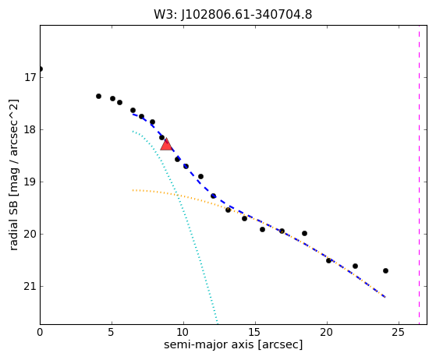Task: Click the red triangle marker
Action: click(166, 144)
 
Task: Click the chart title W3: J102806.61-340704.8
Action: click(233, 15)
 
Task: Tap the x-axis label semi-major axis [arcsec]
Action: click(233, 344)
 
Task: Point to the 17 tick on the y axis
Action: click(30, 77)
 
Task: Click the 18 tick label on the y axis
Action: click(30, 129)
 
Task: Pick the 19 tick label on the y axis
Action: click(30, 182)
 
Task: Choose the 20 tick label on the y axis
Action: click(30, 234)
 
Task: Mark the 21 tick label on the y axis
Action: click(30, 286)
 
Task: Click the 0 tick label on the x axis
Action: click(40, 332)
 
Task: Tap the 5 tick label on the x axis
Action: click(112, 332)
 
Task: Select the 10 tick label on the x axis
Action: click(183, 332)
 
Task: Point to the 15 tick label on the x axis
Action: click(255, 332)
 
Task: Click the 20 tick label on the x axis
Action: click(327, 332)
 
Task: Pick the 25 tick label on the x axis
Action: click(399, 332)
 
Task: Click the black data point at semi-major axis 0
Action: click(41, 69)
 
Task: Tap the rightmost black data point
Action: click(385, 270)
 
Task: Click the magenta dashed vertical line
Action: click(419, 175)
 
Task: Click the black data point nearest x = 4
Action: click(98, 96)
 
